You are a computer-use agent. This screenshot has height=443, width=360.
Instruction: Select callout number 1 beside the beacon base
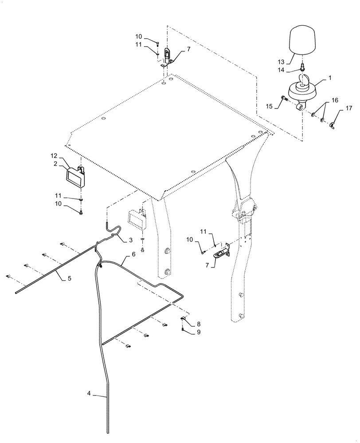click(330, 78)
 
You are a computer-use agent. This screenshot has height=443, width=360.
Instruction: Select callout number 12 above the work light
click(54, 156)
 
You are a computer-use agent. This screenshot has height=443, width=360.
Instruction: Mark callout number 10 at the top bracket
click(139, 36)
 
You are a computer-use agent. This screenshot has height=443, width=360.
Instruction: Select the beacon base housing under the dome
click(300, 91)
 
